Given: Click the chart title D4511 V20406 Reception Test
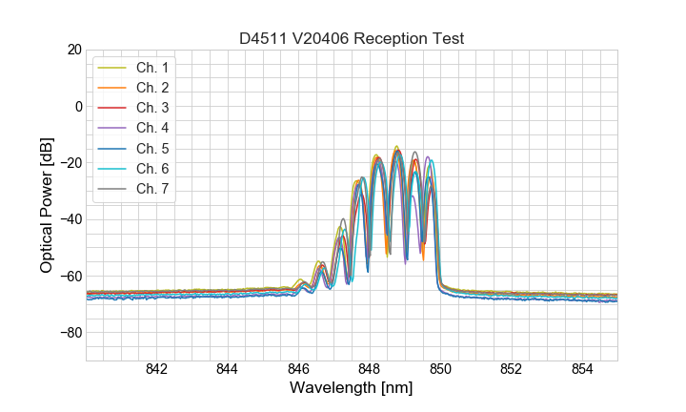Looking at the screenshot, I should coord(352,38).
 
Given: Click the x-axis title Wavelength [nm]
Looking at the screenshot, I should coord(352,389).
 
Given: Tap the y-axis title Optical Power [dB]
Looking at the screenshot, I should coord(47,205).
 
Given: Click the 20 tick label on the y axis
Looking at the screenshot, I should coord(73,50).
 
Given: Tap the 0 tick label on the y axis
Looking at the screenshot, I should coord(77,106).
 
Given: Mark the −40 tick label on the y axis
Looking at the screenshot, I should coord(69,219).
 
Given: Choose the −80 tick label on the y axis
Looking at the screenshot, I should coord(69,333).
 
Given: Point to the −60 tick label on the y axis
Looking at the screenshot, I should coord(69,277).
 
